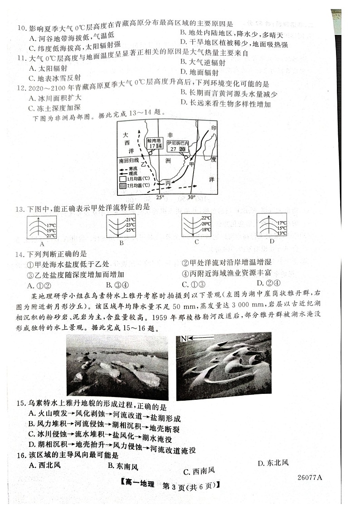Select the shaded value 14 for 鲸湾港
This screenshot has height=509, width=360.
click(159, 146)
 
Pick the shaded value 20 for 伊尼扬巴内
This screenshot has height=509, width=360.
click(182, 149)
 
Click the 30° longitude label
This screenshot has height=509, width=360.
click(191, 197)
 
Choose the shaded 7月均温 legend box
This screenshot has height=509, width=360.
click(122, 186)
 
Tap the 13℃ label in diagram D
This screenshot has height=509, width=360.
click(282, 233)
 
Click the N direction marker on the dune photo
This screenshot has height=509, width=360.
click(183, 338)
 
